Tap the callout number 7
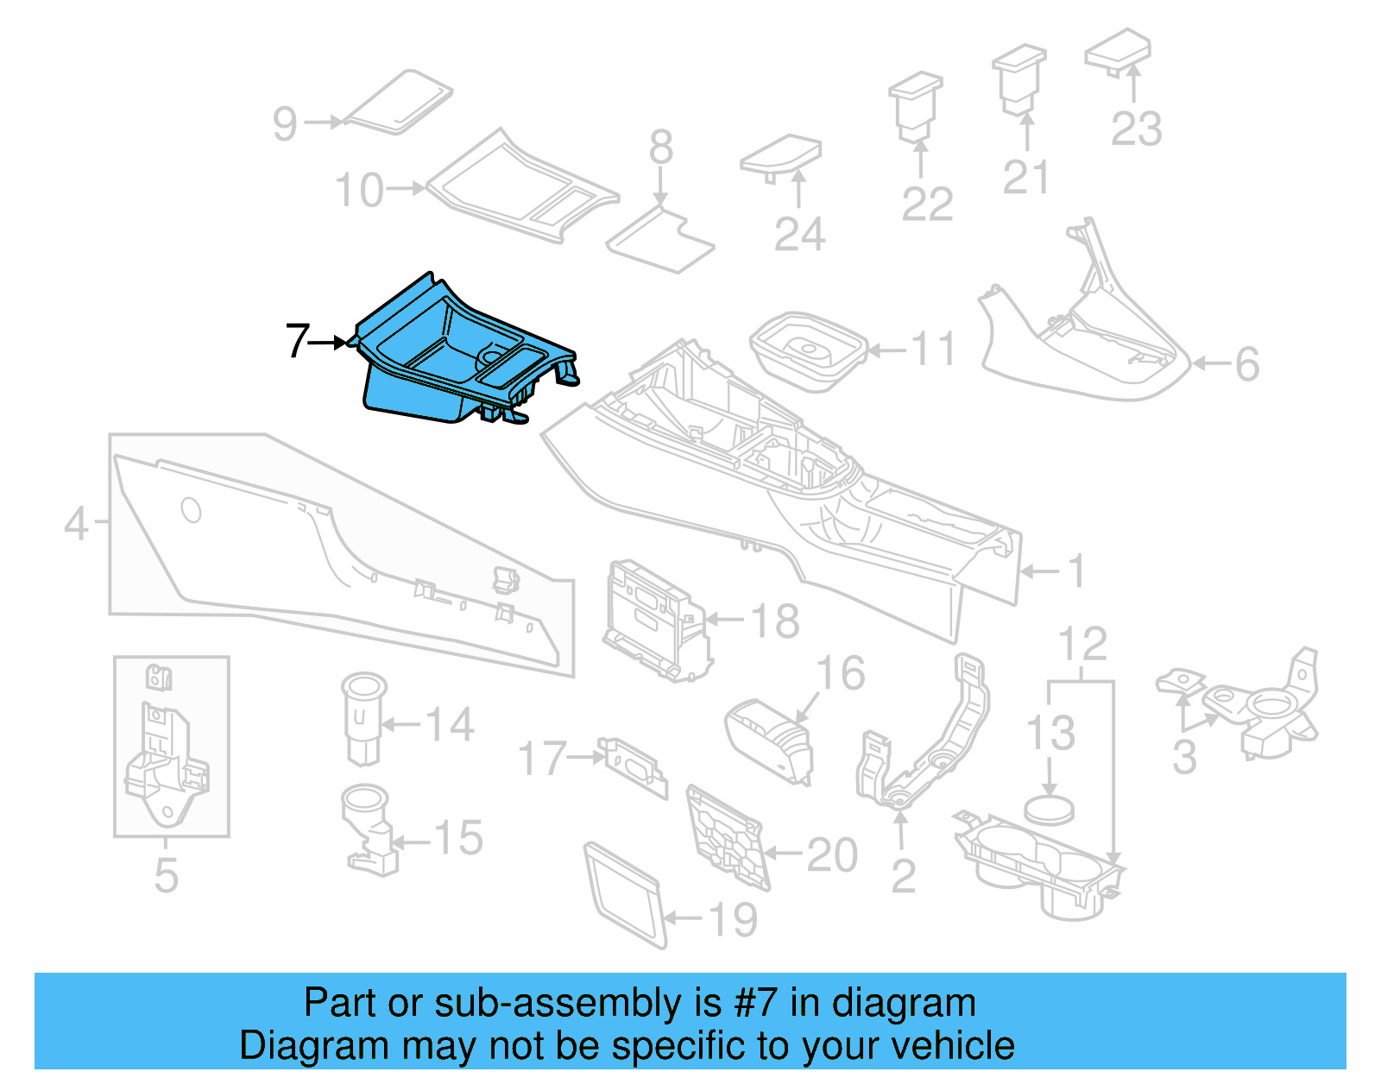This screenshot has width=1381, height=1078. (x=297, y=341)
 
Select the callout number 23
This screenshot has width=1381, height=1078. (x=1136, y=129)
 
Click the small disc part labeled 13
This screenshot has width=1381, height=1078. (x=1049, y=810)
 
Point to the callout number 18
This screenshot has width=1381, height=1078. (x=775, y=621)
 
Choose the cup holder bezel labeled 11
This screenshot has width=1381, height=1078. (x=807, y=350)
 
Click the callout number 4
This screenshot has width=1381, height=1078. (x=77, y=523)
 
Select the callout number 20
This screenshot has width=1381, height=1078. (x=832, y=855)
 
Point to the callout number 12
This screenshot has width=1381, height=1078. (x=1082, y=645)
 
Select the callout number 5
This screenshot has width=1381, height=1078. (x=166, y=875)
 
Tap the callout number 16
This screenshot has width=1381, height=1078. (x=840, y=673)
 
